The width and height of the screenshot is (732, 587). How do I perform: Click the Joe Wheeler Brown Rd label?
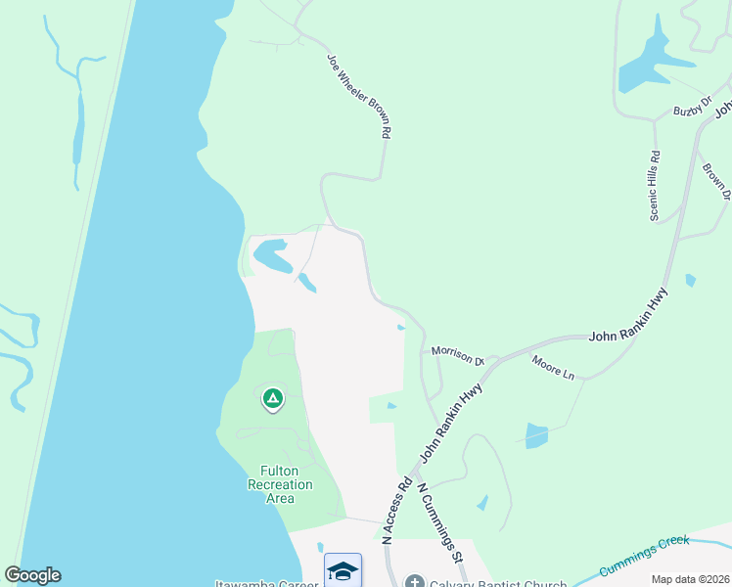pos(360,95)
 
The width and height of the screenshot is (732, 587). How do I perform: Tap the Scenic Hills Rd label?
pos(655,185)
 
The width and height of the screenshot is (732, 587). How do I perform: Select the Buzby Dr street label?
pos(689,112)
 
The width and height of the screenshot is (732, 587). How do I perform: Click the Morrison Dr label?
pos(458,354)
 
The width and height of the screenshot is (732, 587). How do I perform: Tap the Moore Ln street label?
pos(553,368)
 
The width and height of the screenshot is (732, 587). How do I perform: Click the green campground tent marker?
pos(273,398)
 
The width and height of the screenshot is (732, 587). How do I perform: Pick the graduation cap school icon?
pos(343,570)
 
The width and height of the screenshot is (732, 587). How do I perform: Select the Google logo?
pos(32,575)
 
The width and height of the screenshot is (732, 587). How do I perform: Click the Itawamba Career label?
pos(266,584)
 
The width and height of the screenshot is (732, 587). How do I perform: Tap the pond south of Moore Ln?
pos(536,435)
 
